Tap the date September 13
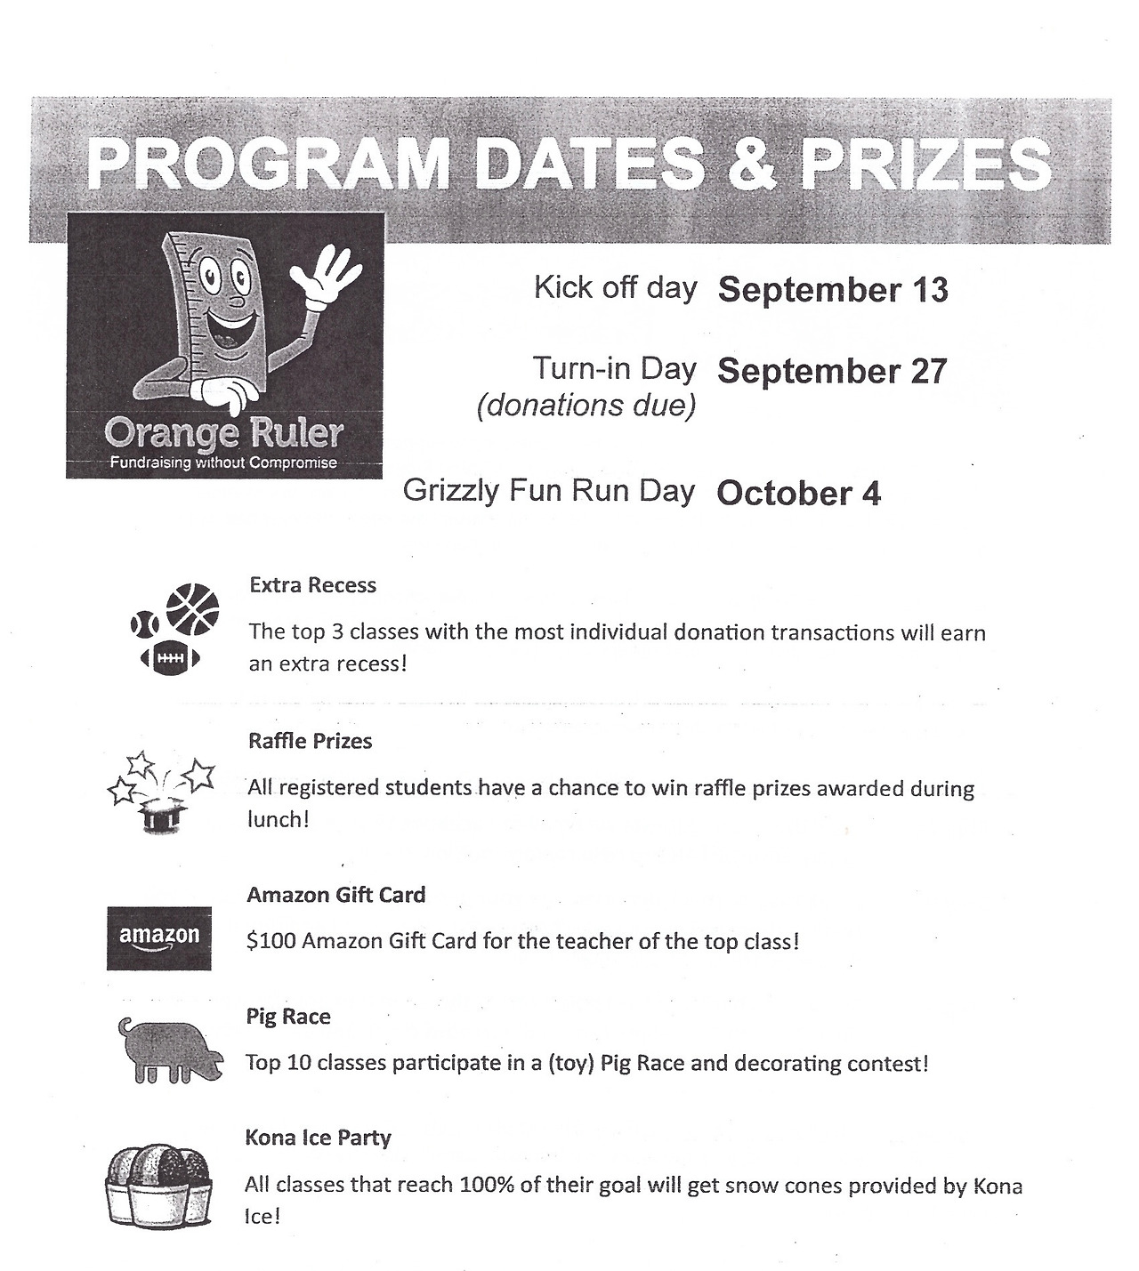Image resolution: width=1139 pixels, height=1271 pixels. [833, 290]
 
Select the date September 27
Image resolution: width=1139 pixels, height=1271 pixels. [832, 371]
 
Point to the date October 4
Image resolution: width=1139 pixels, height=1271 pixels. [798, 493]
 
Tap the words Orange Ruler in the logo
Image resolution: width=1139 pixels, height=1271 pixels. [223, 434]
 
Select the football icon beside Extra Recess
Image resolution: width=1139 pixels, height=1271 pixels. [170, 658]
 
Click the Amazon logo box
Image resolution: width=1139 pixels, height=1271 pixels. [159, 937]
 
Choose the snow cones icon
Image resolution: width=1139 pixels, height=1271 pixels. [160, 1187]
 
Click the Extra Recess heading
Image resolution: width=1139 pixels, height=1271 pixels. [312, 585]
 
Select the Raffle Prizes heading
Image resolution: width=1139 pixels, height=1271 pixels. [310, 741]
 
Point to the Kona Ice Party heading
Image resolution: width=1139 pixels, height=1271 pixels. [318, 1138]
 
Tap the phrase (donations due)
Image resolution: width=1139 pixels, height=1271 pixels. [586, 406]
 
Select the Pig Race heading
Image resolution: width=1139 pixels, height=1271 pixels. [288, 1017]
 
